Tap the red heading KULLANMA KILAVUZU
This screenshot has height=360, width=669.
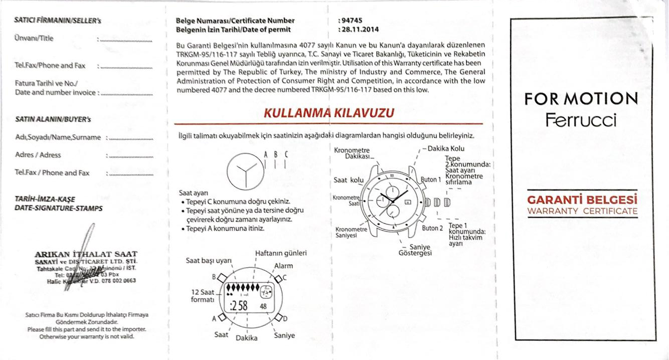pos(328,113)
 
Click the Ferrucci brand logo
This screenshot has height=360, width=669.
pos(581,120)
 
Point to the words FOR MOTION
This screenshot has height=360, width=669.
pos(581,99)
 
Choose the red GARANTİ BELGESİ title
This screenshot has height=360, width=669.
pos(582,200)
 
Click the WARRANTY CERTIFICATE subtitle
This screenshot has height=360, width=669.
pos(582,211)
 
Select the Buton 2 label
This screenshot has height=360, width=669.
pos(432,228)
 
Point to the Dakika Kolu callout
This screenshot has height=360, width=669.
pos(446,148)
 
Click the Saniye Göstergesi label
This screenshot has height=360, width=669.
pos(415,250)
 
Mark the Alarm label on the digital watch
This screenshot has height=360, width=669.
pos(283,266)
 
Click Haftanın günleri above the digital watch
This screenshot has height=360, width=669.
pos(281,253)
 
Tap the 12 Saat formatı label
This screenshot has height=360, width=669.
pos(203,296)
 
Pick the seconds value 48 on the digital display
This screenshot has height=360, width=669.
pos(263,306)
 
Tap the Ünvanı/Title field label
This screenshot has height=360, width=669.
pos(34,38)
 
